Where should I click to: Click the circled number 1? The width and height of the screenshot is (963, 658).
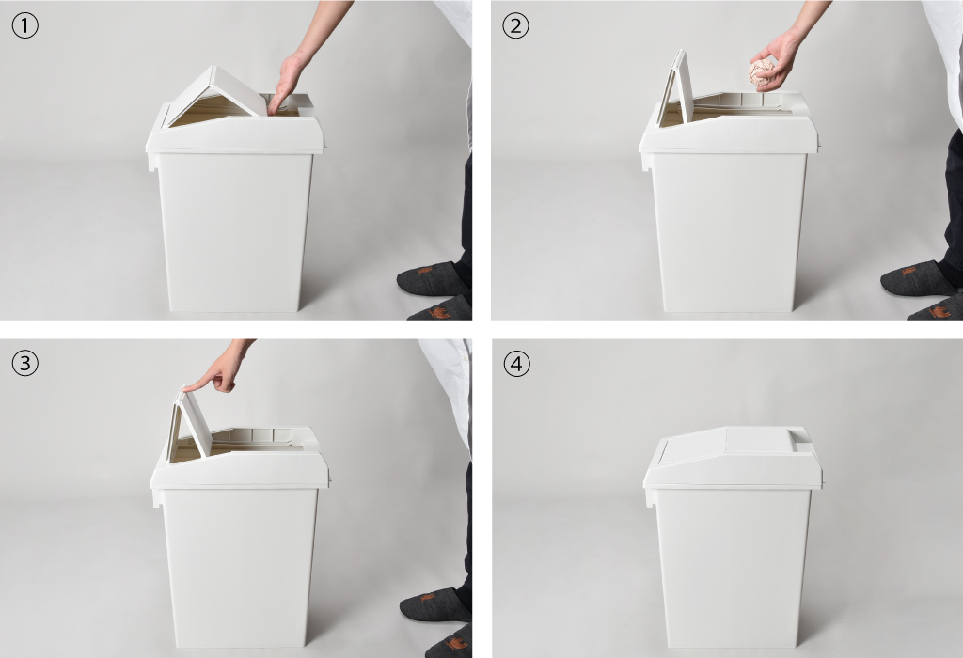pos(25,25)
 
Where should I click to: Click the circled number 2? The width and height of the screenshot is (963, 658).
pos(515,25)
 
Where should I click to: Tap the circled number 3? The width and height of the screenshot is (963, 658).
pos(25,364)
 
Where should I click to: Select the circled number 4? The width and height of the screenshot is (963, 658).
pos(516,364)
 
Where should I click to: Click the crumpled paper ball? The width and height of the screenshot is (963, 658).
pos(762,71)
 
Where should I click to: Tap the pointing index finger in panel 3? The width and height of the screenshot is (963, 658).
pos(203,384)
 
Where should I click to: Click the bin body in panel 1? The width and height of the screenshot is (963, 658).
pos(234,232)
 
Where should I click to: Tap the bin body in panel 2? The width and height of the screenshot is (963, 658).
pos(729,232)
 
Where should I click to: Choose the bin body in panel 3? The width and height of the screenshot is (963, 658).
pos(240,568)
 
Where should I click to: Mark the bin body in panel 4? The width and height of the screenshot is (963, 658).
pos(734,568)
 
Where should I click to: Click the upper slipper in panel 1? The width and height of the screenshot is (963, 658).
pos(431,278)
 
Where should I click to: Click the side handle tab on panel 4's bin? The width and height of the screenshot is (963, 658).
pos(649,496)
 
